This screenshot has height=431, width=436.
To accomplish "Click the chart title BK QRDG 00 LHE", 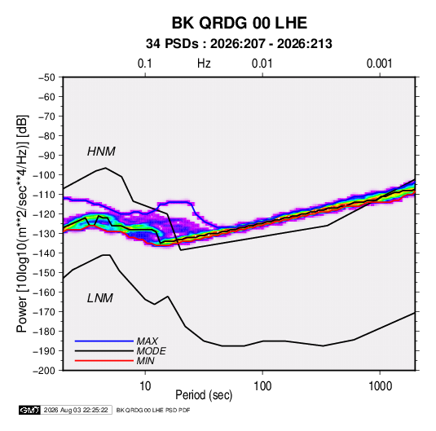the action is coord(240,23).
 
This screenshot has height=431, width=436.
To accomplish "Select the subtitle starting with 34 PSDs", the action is coord(239,44).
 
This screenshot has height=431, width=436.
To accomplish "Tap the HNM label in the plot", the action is coord(101,152).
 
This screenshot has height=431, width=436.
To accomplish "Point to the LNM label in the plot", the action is coord(100,298).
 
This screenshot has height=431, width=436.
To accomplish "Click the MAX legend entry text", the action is coord(147,341).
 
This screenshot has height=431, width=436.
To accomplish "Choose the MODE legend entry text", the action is coord(151,351).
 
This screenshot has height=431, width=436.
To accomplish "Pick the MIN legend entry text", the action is coord(145,361).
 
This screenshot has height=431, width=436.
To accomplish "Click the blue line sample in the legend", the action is coord(104,341).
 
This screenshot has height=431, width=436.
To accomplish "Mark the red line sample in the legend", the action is coord(104,361).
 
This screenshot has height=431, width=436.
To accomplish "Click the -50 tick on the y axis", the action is coord(46,77).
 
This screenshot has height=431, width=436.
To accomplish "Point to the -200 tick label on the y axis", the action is coord(44,371).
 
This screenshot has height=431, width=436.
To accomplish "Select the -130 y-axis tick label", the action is coord(44,234).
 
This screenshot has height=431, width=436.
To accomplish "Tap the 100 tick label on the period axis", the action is coord(262,386).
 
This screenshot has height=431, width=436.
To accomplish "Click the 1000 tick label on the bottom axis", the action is coord(380,386).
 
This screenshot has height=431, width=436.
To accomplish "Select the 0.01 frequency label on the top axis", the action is coord(262,64).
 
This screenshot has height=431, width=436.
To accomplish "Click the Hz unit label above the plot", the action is coord(204,64).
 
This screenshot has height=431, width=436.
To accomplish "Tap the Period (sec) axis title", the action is coord(204,395).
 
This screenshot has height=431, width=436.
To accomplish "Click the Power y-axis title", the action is coord(22,224).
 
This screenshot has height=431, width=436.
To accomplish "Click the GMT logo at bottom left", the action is coord(29,410).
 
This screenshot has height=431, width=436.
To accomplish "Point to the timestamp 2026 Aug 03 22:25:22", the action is coord(76,410).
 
